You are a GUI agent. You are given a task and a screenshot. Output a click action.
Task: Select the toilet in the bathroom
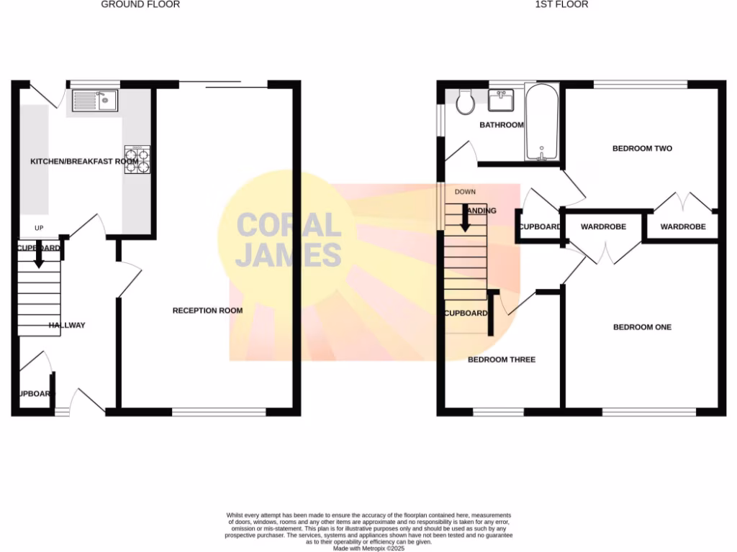click(x=465, y=103)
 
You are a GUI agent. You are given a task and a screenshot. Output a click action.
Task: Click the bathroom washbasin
click(x=502, y=100)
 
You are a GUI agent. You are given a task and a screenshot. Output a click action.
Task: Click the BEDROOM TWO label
click(x=642, y=149)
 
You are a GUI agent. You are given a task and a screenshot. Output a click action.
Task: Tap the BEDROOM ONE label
click(x=642, y=327)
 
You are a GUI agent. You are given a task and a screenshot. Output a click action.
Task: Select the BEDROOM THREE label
click(x=502, y=359)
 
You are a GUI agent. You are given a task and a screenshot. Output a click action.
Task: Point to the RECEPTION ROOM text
click(x=207, y=310)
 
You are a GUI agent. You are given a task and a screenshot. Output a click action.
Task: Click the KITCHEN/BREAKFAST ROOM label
click(x=84, y=162)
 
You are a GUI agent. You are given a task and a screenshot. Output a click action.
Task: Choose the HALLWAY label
click(x=67, y=326)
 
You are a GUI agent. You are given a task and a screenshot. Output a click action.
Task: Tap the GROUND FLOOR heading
click(x=140, y=4)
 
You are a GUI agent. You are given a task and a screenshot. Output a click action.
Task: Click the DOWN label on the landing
click(x=465, y=192)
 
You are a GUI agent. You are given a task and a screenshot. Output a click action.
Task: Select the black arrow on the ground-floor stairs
click(x=39, y=257)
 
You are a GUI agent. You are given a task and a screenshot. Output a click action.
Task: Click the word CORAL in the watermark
click(x=289, y=226)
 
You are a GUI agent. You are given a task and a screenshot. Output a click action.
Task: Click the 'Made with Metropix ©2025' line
click(x=368, y=548)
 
